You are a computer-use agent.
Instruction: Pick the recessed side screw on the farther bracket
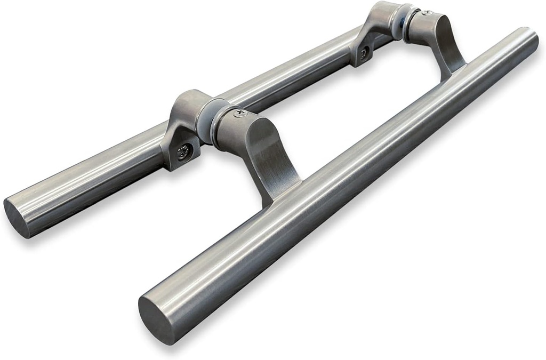click(364, 53)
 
